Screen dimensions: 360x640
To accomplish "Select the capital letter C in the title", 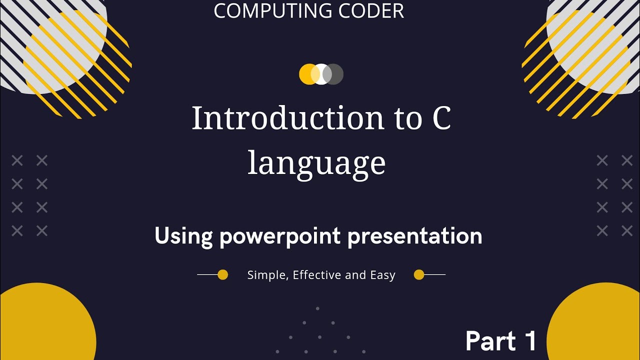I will coord(441,118).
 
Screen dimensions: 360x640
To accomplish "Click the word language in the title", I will coord(316,163).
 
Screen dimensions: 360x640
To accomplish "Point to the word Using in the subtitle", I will coord(183,235).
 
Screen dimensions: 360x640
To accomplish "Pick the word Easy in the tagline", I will coord(382,275).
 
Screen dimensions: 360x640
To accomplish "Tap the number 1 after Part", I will coord(530,341).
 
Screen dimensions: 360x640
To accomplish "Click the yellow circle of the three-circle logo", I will coord(307,74).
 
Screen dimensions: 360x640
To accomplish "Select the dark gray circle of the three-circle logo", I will coord(335,74).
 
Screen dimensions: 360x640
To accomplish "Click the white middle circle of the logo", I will coord(321,74).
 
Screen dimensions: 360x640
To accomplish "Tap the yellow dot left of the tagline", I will coord(223,274).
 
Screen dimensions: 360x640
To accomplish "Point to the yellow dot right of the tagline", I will coord(419,274).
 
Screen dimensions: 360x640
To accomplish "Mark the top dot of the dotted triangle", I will coord(317,308).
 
